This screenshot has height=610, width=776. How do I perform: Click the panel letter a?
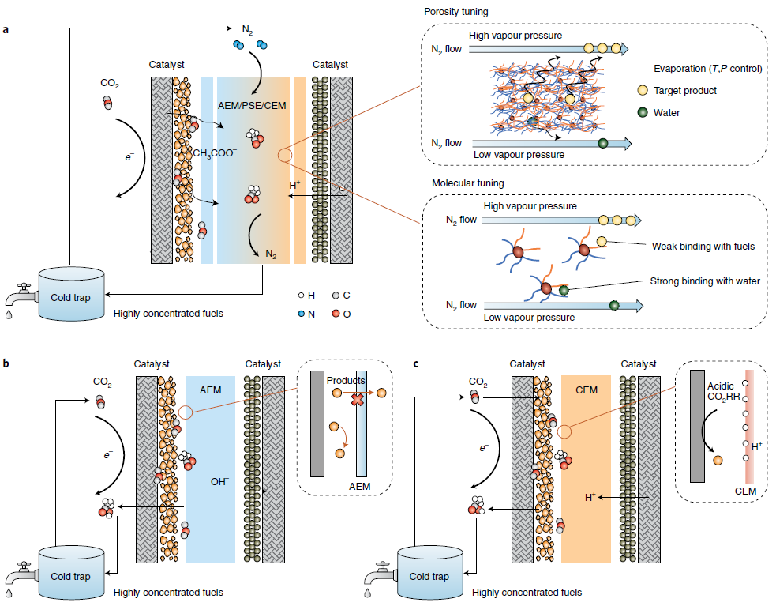pyautogui.click(x=6, y=31)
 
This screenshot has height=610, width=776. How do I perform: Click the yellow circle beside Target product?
pyautogui.click(x=643, y=91)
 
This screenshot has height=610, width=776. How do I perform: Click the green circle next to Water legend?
pyautogui.click(x=643, y=112)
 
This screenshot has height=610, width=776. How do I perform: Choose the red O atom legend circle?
pyautogui.click(x=336, y=311)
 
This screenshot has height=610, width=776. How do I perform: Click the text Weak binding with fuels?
pyautogui.click(x=702, y=247)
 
